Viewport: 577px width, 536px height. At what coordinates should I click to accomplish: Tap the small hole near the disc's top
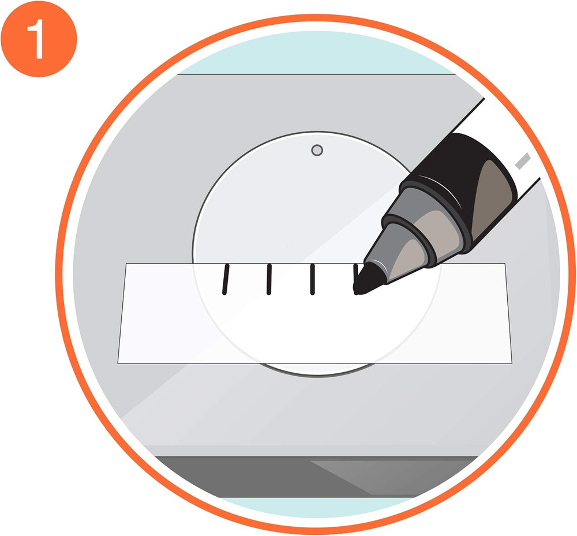coord(316,151)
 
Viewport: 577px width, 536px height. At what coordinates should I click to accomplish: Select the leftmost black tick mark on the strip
coord(225,279)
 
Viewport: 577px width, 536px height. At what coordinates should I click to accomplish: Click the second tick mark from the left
coord(268,279)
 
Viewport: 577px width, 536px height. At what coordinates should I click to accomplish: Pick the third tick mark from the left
coord(312,279)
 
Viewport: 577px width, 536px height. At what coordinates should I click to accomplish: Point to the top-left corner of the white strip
coord(126,264)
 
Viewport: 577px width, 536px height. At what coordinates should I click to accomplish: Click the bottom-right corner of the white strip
coord(512,363)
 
